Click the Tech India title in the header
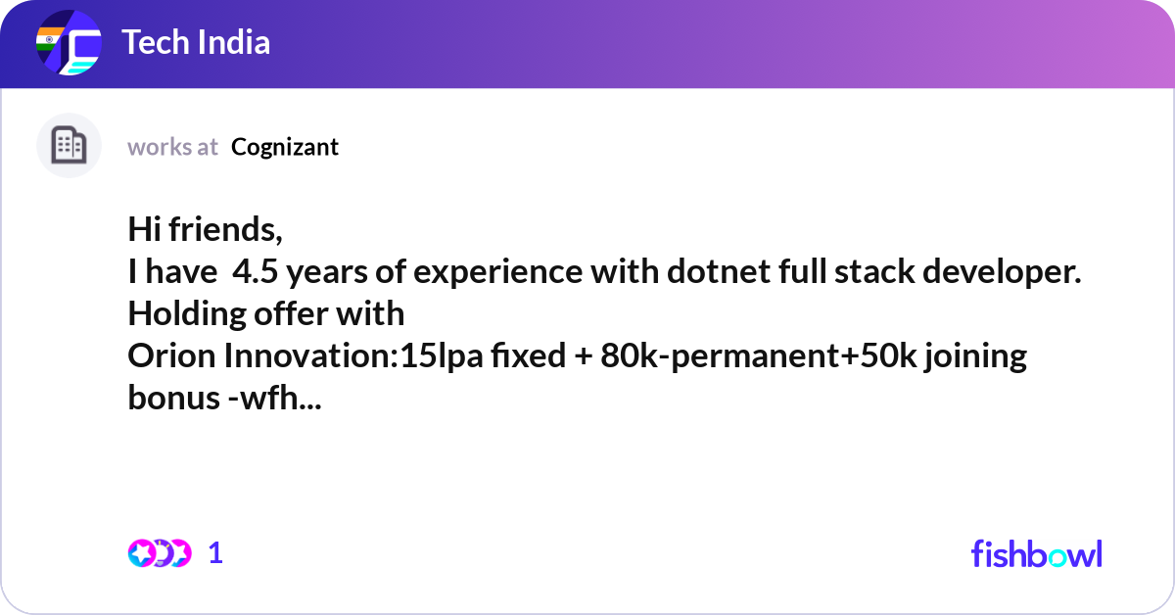point(196,43)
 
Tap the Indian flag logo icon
point(69,44)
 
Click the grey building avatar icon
point(69,146)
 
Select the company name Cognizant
point(285,147)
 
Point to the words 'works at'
point(172,147)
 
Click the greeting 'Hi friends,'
point(206,230)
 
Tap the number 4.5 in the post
point(254,272)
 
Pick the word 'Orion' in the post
point(172,355)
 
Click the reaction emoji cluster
point(159,553)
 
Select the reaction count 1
point(215,553)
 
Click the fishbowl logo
point(1036,553)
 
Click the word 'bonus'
point(169,398)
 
